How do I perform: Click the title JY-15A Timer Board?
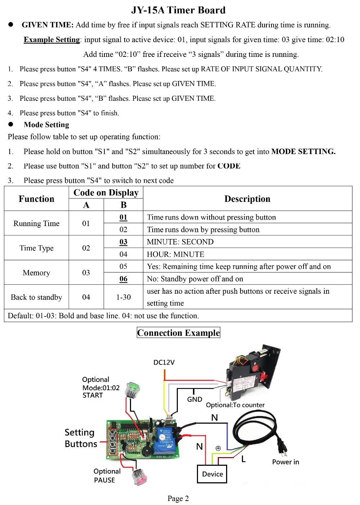tap(178, 10)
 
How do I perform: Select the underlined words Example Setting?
tap(51, 40)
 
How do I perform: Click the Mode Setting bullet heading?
tap(46, 125)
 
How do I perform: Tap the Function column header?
tap(36, 199)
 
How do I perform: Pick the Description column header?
tap(247, 199)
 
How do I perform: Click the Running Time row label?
tap(36, 224)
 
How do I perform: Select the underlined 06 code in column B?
tap(123, 279)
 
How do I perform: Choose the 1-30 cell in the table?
tap(123, 297)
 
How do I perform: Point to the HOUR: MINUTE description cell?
tap(176, 254)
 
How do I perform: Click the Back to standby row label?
tap(36, 297)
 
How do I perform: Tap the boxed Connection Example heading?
tap(178, 333)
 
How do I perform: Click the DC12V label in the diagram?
tap(164, 362)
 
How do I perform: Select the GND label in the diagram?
tap(194, 399)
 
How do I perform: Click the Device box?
tap(212, 474)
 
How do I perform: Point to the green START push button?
tap(132, 390)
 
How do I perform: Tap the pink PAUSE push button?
tap(140, 476)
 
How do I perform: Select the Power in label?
tap(285, 462)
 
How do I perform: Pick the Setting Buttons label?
tap(80, 438)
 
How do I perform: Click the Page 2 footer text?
tap(178, 498)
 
